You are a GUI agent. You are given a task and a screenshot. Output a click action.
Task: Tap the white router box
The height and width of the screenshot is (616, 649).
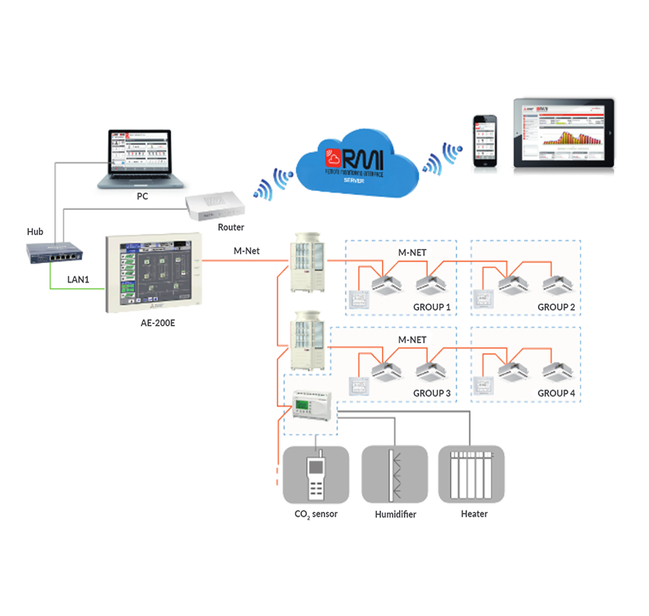click(216, 208)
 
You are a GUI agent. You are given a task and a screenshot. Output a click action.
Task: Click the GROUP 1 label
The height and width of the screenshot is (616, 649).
click(432, 307)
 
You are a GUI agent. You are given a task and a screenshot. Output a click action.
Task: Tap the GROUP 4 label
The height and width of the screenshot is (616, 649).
click(557, 393)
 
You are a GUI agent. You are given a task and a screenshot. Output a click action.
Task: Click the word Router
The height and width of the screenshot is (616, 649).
click(231, 227)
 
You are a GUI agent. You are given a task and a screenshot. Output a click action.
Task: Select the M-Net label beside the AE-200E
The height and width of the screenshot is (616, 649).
click(247, 251)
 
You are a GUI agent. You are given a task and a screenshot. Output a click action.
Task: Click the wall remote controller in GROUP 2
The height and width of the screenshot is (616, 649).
click(482, 299)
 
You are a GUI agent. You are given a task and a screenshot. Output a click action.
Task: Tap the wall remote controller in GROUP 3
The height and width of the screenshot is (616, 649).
click(357, 385)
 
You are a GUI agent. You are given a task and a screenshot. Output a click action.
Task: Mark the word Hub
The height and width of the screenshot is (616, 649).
click(36, 232)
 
